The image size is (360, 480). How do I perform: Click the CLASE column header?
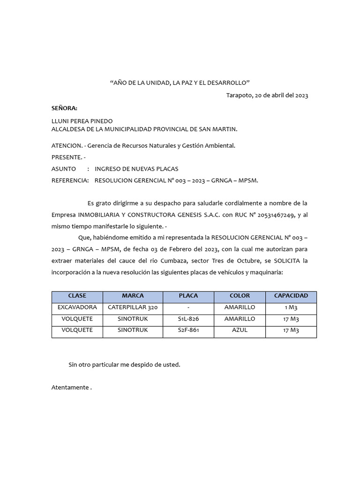click(77, 296)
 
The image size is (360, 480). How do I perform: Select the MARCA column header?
click(133, 296)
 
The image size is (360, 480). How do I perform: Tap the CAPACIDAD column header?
click(291, 296)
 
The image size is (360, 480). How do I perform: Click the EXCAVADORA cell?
click(77, 307)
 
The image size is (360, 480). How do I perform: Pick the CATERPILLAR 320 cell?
click(133, 307)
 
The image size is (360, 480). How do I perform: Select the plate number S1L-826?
click(188, 319)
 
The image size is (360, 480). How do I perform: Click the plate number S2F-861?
click(188, 330)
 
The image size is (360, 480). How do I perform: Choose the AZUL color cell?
click(240, 330)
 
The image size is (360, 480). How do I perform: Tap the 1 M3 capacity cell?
click(291, 307)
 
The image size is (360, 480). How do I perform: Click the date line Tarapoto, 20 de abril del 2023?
click(267, 95)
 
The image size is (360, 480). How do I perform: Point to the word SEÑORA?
click(64, 108)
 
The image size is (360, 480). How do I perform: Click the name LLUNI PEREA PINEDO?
click(82, 121)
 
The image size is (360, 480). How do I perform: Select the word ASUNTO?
click(63, 169)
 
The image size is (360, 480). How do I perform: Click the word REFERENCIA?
click(70, 180)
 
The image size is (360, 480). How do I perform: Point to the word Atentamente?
click(70, 388)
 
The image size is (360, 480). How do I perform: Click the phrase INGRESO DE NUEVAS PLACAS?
click(136, 169)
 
